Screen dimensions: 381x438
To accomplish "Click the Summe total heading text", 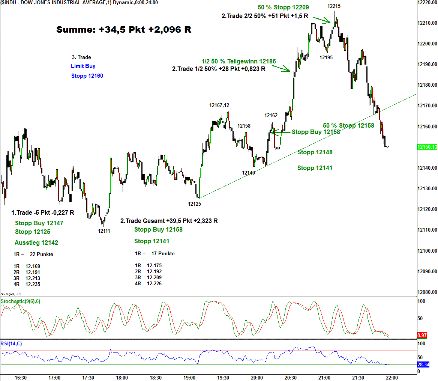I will tap(124, 30).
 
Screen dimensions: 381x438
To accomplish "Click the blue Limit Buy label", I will tap(83, 66).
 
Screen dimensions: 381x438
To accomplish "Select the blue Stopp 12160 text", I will tap(87, 76).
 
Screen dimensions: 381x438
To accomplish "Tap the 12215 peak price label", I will tap(334, 6).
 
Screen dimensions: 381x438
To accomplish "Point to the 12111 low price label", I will tap(104, 231).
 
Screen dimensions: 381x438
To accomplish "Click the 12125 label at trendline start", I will tap(195, 204).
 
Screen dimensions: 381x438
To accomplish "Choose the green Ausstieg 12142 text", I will tap(36, 242).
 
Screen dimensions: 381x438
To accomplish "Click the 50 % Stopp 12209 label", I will tap(283, 7).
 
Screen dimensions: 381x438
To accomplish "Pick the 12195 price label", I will tap(326, 57).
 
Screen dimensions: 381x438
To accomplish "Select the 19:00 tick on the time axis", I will tap(189, 377).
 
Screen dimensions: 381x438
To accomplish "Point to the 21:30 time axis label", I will tap(358, 377).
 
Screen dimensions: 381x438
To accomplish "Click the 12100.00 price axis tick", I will tap(427, 251).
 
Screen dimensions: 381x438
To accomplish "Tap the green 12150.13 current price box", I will tap(427, 147).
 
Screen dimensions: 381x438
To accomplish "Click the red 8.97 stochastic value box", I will tap(422, 334).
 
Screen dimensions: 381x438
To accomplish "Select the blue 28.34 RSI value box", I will tap(423, 364).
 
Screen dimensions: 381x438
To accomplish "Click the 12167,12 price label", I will tap(219, 105).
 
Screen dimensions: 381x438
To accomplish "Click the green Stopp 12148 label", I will tap(315, 152).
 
